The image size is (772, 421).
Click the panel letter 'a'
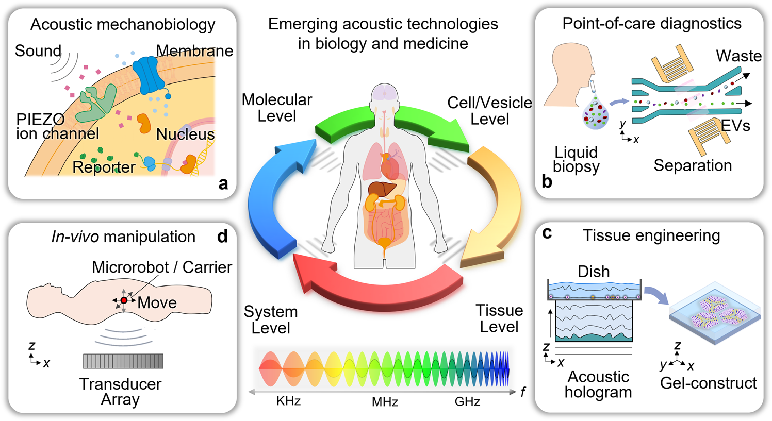click(x=223, y=183)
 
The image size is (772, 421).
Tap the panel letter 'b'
click(x=547, y=181)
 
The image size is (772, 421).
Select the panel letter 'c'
click(x=547, y=233)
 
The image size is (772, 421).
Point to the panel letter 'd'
click(x=222, y=236)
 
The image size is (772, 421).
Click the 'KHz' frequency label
click(x=288, y=401)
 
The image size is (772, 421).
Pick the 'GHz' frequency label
click(x=467, y=401)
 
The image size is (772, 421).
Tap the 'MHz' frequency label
click(x=385, y=401)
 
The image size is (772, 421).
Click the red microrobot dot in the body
click(x=124, y=300)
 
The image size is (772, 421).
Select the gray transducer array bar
click(x=123, y=361)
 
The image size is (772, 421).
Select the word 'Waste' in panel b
click(x=738, y=56)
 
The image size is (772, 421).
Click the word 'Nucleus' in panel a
click(x=185, y=134)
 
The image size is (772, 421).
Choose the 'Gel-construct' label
click(x=708, y=383)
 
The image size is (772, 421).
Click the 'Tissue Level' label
click(x=499, y=318)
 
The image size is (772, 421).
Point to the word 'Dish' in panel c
click(x=594, y=272)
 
